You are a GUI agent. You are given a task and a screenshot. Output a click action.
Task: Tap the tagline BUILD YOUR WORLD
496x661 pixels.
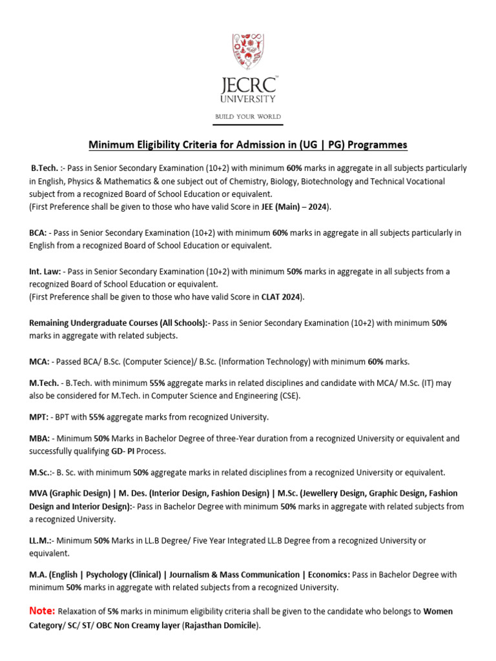coord(248,116)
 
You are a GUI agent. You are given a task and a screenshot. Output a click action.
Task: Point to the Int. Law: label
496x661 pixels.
coord(45,272)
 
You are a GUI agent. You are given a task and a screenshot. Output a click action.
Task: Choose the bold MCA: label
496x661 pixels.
coord(39,361)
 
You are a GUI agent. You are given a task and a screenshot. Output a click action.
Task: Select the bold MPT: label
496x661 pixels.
coord(39,417)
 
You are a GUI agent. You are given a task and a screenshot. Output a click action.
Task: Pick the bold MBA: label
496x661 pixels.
coord(39,438)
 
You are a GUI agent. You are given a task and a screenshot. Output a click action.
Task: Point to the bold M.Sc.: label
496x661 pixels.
coord(40,472)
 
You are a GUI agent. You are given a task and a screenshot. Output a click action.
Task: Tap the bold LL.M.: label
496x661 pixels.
coord(41,540)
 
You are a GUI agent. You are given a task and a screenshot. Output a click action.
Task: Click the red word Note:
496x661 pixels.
coord(42,611)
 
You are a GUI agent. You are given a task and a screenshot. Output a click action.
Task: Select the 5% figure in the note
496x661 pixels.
coord(113,611)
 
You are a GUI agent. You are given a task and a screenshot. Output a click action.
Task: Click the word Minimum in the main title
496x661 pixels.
coord(110,144)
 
